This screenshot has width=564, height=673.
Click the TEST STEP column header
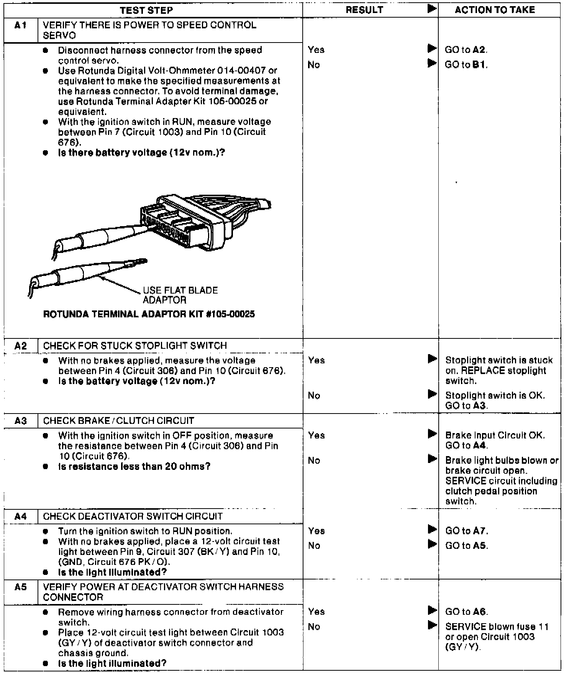coord(146,10)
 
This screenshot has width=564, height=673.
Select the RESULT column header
coord(364,10)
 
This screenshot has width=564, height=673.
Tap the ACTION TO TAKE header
coord(495,10)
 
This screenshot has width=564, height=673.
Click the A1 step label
coord(21,26)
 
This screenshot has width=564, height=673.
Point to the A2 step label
coord(21,346)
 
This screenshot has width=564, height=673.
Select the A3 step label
coord(21,421)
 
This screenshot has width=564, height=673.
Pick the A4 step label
coord(21,516)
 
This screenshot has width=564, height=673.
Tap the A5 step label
coord(21,587)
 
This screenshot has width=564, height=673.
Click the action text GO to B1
coord(466,65)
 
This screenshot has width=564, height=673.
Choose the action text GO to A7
coord(466,531)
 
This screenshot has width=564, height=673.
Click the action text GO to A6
coord(466,612)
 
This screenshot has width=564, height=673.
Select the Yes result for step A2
coord(316,360)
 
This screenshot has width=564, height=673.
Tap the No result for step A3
coord(314,461)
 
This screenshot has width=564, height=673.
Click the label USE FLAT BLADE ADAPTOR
coord(180,295)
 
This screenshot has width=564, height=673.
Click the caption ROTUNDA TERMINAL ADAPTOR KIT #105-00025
coord(149,314)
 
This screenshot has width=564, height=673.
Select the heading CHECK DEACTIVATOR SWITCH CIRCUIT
coord(133,516)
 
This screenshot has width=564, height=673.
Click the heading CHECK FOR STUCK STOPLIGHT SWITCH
coord(135,346)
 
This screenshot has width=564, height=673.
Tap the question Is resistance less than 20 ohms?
coord(134,466)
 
